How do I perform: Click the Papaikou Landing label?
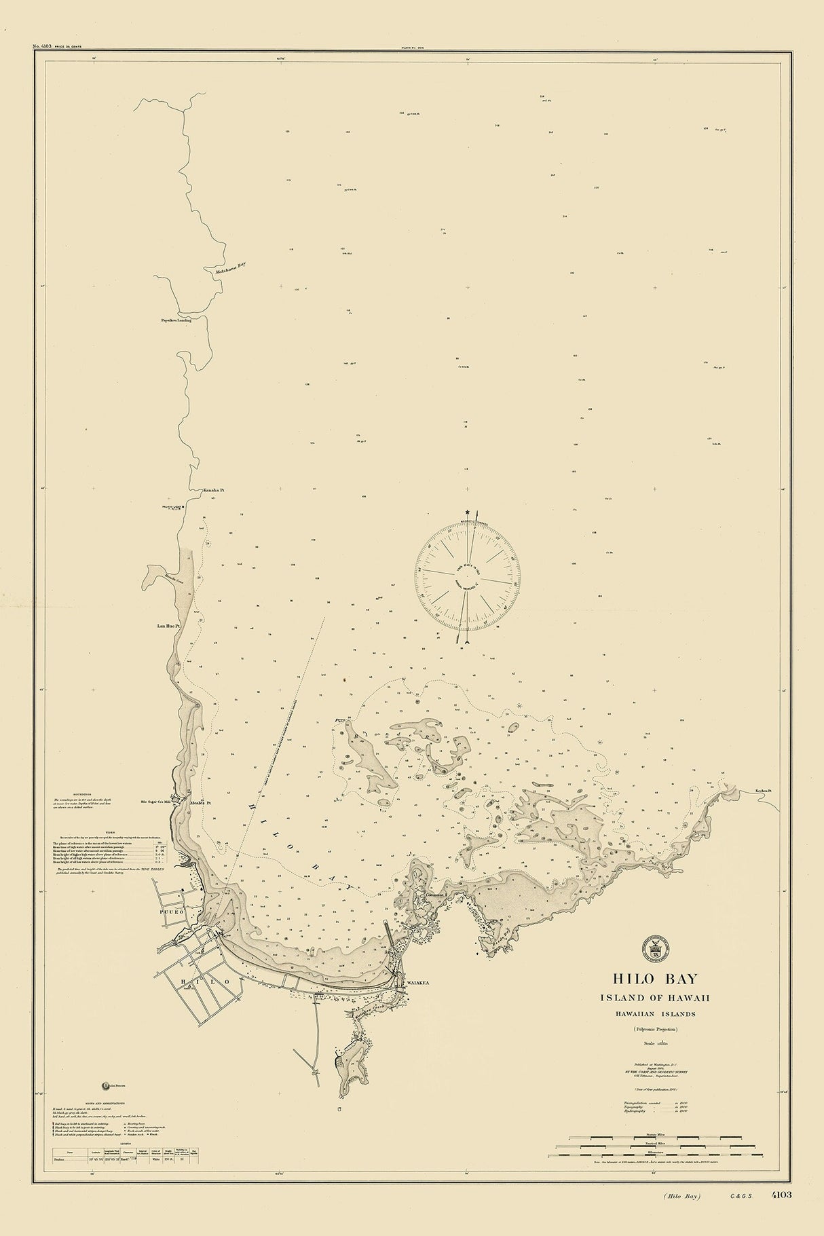[x=176, y=320]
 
